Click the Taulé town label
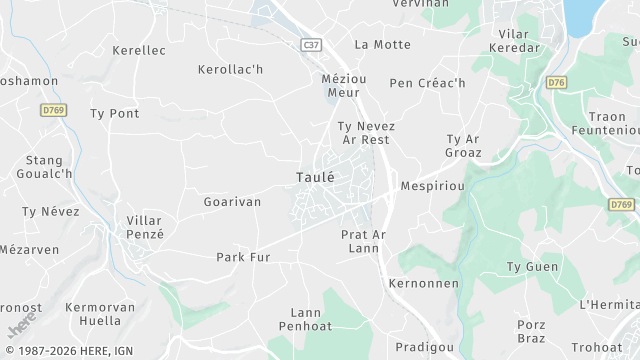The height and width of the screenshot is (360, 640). (315, 177)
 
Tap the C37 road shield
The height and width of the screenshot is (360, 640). (313, 45)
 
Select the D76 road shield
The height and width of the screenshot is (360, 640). (557, 82)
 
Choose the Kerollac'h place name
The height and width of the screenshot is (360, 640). (230, 70)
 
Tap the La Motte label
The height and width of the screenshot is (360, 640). (383, 44)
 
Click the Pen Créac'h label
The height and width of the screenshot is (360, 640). (427, 83)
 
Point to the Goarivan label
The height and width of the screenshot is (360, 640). (232, 202)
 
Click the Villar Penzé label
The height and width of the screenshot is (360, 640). (145, 227)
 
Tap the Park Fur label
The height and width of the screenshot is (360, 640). (243, 257)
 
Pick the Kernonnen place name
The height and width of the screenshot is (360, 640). (423, 284)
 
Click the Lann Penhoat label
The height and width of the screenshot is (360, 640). (305, 320)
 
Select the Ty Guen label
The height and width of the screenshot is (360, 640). (532, 267)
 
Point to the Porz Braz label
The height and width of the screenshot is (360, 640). (531, 331)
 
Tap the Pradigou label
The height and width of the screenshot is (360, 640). (425, 346)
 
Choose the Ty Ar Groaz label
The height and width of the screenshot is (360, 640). (464, 146)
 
